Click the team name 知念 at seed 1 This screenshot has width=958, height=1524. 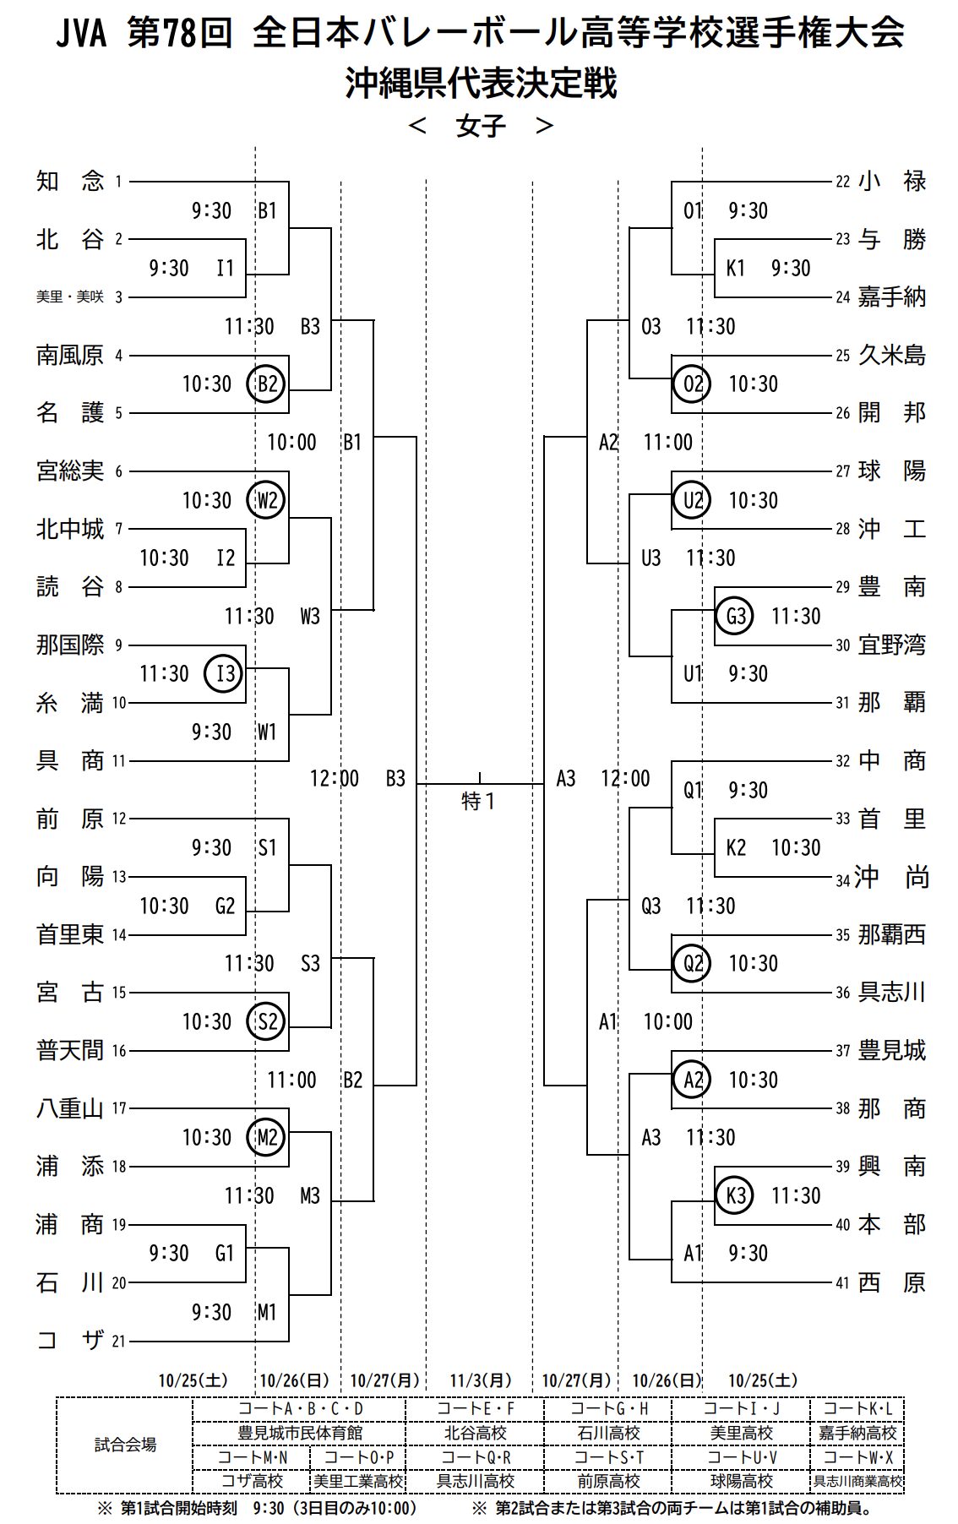tap(70, 181)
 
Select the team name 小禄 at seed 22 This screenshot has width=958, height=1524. tap(892, 181)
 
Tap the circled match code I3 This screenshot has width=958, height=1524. tap(224, 674)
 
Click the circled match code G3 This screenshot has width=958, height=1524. tap(734, 616)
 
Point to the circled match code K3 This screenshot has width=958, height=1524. tap(734, 1195)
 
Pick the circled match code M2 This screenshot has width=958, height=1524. tap(266, 1137)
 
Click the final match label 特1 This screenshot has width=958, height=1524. tap(478, 800)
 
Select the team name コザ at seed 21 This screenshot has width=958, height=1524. tap(70, 1340)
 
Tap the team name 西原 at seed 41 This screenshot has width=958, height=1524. tap(892, 1282)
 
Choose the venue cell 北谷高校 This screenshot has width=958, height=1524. tap(476, 1433)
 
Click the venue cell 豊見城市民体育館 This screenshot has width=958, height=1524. tap(300, 1433)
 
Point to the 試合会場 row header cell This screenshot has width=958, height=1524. tap(125, 1445)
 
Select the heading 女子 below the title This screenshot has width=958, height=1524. tap(481, 126)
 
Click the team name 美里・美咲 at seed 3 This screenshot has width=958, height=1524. tap(70, 297)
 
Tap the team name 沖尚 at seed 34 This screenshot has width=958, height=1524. tap(892, 877)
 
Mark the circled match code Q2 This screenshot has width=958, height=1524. tap(692, 963)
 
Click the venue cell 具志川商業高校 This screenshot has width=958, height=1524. tap(857, 1481)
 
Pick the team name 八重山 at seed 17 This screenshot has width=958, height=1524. tap(70, 1108)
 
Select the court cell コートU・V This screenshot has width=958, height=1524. tap(742, 1457)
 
